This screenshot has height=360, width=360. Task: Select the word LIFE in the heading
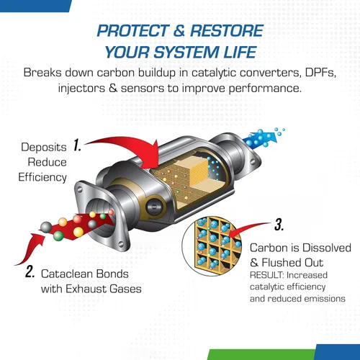click(241, 53)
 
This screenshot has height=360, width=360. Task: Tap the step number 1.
click(78, 146)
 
